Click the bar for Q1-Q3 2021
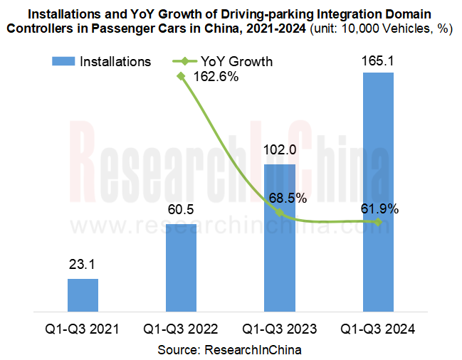point(83,295)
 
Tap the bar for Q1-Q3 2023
point(280,238)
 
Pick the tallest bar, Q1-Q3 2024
point(378,192)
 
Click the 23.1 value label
point(83,265)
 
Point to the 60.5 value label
point(181,211)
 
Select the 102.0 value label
point(280,150)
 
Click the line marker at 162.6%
point(182,75)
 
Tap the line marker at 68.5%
point(280,213)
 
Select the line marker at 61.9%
point(378,222)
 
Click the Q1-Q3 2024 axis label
point(378,329)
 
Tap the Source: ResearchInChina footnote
point(230,349)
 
